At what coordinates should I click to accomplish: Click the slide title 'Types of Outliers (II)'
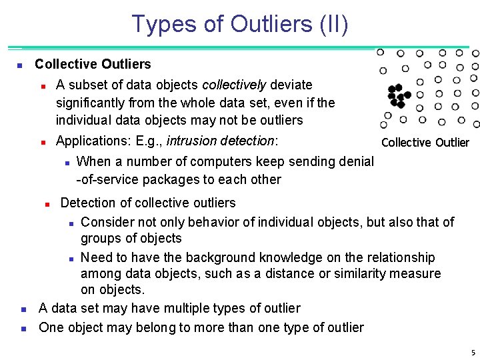tap(240, 24)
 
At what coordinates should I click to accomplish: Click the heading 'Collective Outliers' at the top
tap(93, 64)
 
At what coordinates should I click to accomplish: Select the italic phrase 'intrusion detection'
tap(220, 141)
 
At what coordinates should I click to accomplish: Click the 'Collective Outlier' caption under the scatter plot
tap(425, 142)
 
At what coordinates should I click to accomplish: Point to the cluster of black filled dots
tap(397, 96)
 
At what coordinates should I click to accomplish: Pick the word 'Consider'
tap(107, 222)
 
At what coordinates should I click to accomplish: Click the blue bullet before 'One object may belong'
tap(23, 328)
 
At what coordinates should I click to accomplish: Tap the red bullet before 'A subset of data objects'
tap(42, 86)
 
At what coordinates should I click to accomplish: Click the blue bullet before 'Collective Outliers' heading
tap(19, 65)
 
